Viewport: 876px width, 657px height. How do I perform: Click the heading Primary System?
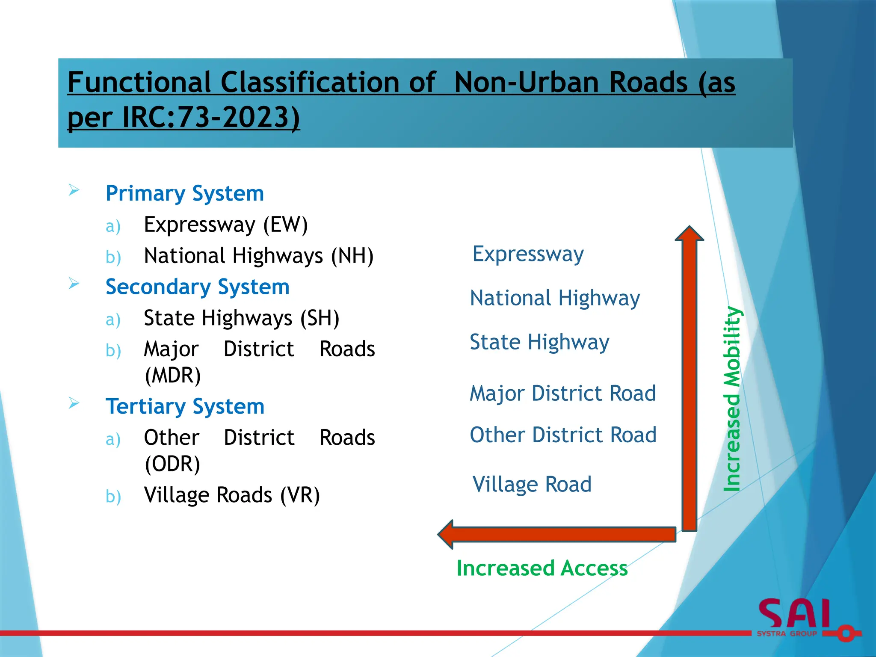[184, 193]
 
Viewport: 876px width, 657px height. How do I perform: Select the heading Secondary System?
[197, 287]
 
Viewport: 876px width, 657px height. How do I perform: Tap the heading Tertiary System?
[185, 406]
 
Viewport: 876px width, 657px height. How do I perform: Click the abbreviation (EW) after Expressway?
[285, 225]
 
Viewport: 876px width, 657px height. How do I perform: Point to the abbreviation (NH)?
[352, 256]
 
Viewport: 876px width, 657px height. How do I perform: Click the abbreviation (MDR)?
[173, 375]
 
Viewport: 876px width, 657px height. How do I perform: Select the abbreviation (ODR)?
[172, 464]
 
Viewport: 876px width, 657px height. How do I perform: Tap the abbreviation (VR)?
[300, 495]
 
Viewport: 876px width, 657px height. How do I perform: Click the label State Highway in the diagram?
[539, 342]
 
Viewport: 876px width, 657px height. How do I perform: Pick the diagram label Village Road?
[532, 484]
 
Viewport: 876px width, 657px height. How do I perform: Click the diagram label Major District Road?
[562, 393]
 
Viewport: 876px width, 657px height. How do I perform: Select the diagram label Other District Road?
[563, 435]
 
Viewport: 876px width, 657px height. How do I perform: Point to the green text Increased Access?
[542, 568]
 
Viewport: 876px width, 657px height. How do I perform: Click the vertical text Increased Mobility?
[732, 399]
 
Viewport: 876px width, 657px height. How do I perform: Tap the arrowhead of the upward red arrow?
[689, 234]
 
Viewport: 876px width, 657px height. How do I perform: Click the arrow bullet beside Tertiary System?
[74, 403]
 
